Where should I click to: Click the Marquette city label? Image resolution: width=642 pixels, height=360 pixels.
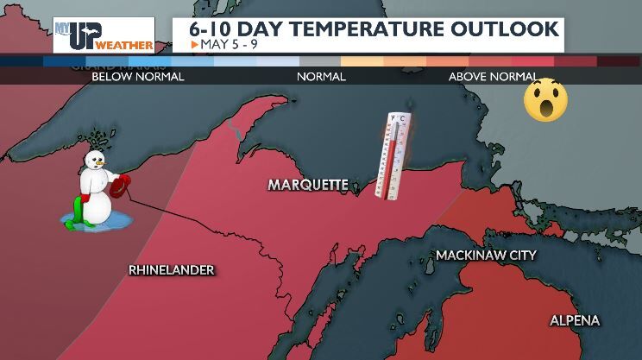[x=308, y=185]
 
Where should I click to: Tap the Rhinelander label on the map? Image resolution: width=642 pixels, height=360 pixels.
[x=171, y=270]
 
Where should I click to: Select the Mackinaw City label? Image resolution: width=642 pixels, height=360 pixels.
[x=486, y=256]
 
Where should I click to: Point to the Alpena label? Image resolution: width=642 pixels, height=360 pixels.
[x=575, y=321]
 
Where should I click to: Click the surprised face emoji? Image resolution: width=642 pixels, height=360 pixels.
[x=545, y=98]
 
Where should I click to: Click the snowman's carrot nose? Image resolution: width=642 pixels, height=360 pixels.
[x=102, y=163]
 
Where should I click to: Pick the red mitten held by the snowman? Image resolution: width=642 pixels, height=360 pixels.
[x=122, y=184]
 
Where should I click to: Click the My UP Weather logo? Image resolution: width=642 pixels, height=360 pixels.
[x=104, y=35]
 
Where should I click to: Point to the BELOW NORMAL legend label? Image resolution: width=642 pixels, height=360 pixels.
[x=138, y=77]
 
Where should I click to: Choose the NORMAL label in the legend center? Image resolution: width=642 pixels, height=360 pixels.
[x=321, y=77]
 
